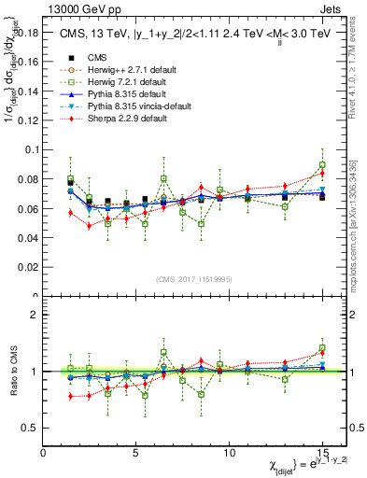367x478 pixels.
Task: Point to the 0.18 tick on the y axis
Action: click(28, 33)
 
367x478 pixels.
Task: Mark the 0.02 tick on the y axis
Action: click(28, 267)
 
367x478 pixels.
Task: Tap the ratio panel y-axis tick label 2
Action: click(35, 316)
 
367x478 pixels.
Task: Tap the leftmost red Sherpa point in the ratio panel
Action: click(71, 396)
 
